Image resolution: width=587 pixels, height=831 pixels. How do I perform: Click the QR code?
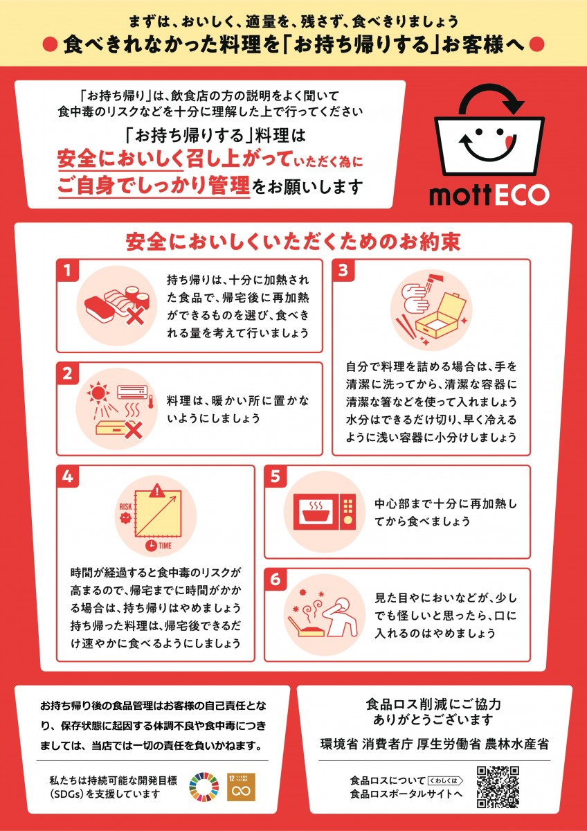[x=498, y=787]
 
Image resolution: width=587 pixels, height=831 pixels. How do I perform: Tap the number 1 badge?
[x=67, y=271]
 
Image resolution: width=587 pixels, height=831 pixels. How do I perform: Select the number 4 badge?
[x=67, y=476]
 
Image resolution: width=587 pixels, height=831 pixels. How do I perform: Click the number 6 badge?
[x=275, y=579]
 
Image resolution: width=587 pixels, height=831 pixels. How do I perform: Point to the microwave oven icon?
[x=325, y=512]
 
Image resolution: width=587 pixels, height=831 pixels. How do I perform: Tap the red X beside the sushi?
[x=135, y=315]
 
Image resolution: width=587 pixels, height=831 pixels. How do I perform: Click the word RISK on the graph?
[x=126, y=506]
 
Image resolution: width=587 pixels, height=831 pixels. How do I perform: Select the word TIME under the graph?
[x=165, y=546]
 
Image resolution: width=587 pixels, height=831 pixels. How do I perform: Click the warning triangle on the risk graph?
[x=158, y=491]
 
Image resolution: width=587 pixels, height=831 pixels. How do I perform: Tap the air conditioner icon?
[x=132, y=391]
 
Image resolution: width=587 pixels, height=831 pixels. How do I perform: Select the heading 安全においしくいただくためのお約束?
[x=293, y=242]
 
